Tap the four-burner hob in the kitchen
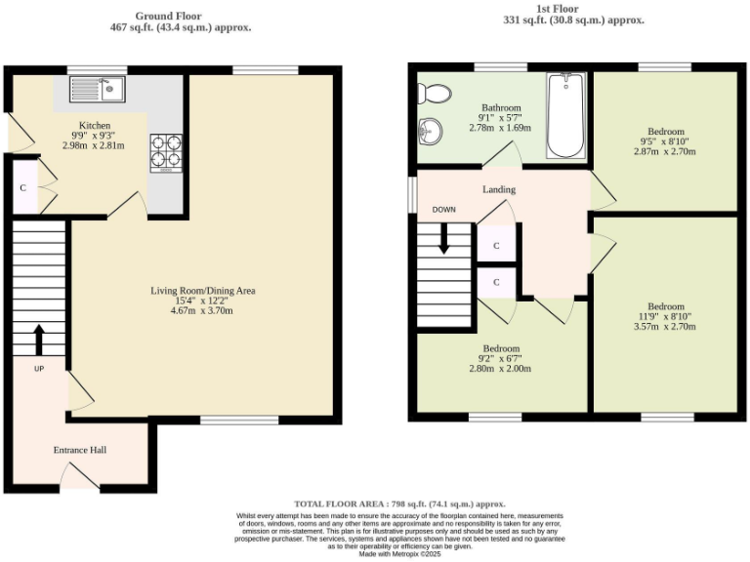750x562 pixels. [165, 151]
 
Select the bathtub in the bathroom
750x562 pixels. [565, 116]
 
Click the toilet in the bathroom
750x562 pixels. [433, 94]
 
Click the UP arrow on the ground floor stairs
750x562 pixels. [39, 340]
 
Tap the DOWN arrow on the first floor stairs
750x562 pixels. [444, 237]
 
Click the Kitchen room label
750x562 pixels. [95, 126]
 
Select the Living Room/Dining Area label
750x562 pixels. [202, 291]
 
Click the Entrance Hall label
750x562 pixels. [79, 450]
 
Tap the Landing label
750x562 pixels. [499, 189]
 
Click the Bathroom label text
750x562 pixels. [501, 107]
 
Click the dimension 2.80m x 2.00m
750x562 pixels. [500, 369]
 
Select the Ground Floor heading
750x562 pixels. [181, 17]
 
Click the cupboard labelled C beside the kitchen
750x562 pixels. [22, 187]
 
